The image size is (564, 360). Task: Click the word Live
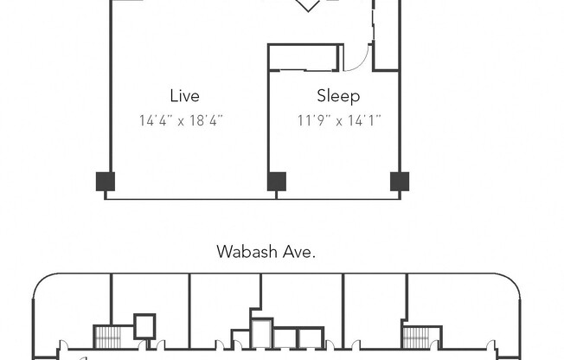pos(184,96)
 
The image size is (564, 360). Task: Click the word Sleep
pos(338,96)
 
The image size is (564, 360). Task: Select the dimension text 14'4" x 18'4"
pos(181,121)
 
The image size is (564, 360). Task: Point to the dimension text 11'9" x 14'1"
pos(339,121)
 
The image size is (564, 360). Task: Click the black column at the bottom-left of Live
pos(105,182)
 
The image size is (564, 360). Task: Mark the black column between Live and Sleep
pos(277,182)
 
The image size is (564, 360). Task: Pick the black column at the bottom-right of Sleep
pos(400,182)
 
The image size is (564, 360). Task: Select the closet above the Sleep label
pos(303,57)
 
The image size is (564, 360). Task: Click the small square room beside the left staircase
pos(144,325)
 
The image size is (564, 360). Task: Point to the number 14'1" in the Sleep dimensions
pos(364,121)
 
